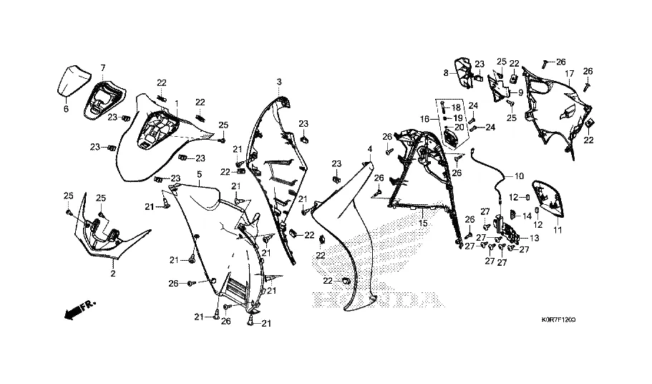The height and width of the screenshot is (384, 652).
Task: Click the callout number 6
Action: click(66, 110)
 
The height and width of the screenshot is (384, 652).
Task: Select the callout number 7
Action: click(102, 68)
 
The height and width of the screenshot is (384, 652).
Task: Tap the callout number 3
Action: click(280, 81)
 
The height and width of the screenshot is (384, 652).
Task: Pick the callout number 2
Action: click(113, 274)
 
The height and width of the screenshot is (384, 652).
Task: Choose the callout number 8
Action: click(445, 72)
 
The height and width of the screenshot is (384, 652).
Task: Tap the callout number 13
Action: click(534, 236)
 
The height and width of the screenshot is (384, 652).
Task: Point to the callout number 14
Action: click(527, 216)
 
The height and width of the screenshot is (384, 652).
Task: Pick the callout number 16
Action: click(424, 119)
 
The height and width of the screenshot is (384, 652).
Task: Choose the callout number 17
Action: click(570, 74)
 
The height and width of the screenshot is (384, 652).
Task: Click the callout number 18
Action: click(455, 107)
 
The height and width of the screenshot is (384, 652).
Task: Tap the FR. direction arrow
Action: click(79, 309)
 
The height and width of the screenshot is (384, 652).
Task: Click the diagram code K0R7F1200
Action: click(559, 320)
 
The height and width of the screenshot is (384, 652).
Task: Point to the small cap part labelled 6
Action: click(73, 80)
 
